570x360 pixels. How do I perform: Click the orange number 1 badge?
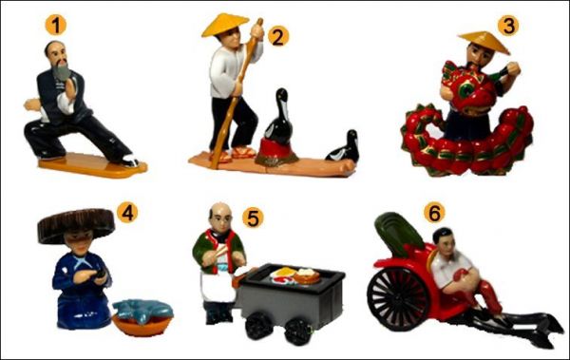coord(56,25)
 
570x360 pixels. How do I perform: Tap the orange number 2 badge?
coord(278,37)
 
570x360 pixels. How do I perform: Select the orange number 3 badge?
coord(508,26)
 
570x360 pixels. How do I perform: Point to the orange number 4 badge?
coord(127,213)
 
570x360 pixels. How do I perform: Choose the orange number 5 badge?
coord(253,218)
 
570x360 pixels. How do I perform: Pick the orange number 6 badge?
coord(434,213)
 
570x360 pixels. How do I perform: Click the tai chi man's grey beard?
coord(62,71)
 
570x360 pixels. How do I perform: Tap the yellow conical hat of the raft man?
coord(224,25)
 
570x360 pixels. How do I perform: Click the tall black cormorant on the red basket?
coord(278,117)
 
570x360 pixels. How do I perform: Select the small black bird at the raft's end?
coord(344,147)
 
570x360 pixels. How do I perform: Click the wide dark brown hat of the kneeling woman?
coord(76,224)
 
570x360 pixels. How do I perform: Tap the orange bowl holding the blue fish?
coord(142,325)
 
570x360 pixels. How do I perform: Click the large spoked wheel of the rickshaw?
coord(399,298)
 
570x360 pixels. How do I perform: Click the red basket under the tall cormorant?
coord(276,152)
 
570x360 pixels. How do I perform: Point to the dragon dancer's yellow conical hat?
coord(484,41)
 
